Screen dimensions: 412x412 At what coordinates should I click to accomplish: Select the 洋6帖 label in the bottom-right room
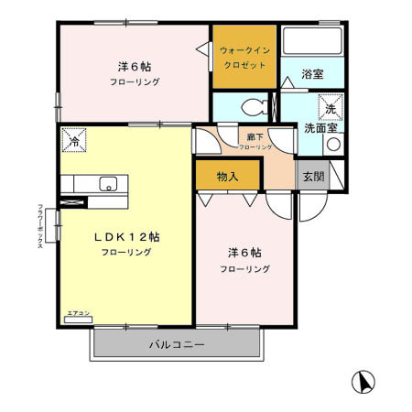[244, 253]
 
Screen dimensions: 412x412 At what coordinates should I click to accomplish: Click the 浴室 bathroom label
[311, 74]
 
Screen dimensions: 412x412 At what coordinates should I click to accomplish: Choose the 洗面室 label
[320, 127]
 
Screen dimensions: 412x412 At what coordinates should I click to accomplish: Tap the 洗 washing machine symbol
[331, 106]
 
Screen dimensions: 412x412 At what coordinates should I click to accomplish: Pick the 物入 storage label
[228, 175]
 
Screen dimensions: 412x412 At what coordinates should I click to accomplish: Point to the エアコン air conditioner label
[78, 313]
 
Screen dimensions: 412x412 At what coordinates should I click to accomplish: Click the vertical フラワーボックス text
[41, 233]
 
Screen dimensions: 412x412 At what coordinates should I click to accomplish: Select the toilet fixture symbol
[255, 106]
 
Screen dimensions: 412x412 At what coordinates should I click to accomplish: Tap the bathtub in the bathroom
[311, 42]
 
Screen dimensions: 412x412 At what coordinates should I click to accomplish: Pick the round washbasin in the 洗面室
[333, 144]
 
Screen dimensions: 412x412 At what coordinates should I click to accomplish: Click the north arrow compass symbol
[363, 380]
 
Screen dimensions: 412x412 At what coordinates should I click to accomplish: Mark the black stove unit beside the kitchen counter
[77, 199]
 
